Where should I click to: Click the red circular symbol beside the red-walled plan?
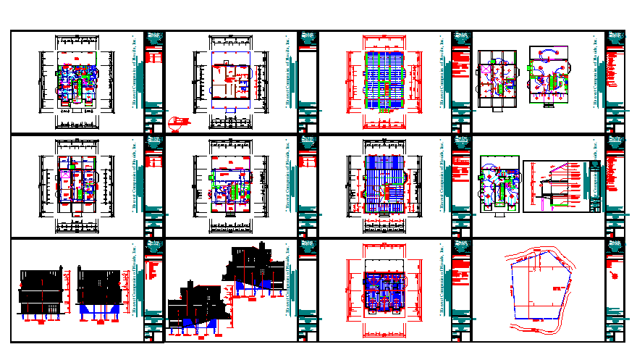(176, 121)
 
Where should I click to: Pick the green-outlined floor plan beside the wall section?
(499, 185)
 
